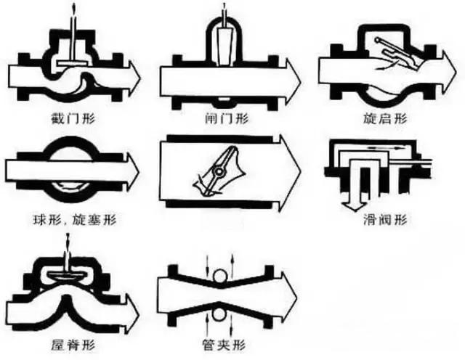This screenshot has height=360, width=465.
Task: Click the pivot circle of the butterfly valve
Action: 216,172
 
